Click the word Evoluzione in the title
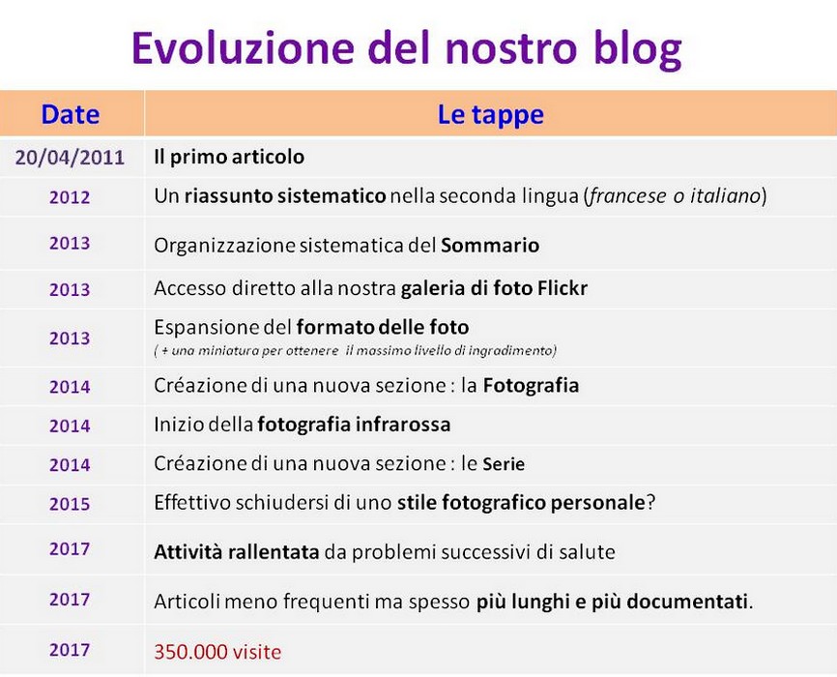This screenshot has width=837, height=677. click(x=243, y=47)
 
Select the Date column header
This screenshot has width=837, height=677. click(x=71, y=114)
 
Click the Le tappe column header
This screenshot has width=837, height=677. click(x=491, y=115)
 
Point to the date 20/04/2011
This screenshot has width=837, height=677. click(x=70, y=158)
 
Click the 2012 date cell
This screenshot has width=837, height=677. click(x=70, y=197)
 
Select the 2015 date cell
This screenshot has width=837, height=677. click(x=70, y=504)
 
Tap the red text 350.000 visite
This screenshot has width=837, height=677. click(x=217, y=652)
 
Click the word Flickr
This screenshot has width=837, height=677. click(x=563, y=288)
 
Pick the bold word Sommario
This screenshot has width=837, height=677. click(x=490, y=246)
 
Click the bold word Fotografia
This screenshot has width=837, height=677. click(x=532, y=385)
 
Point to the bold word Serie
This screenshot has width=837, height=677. click(x=504, y=464)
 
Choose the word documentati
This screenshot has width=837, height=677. click(x=687, y=603)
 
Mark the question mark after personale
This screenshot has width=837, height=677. click(x=650, y=503)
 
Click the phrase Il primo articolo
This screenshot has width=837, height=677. click(x=229, y=157)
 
